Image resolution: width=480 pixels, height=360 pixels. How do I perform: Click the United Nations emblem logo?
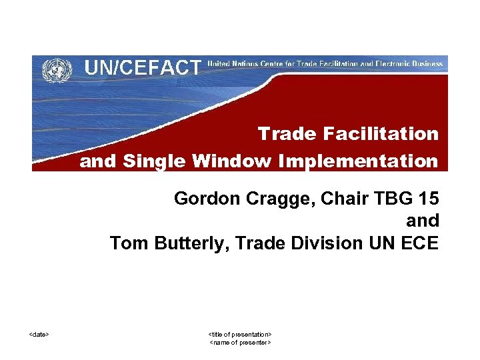click(57, 69)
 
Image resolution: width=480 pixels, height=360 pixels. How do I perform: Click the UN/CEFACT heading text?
click(143, 67)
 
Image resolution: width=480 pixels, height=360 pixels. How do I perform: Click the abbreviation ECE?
click(419, 243)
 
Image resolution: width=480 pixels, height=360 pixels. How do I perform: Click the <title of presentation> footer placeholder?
click(240, 333)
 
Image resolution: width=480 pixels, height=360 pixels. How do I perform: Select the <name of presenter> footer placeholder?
click(240, 342)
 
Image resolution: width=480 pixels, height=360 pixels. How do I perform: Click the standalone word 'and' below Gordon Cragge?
click(423, 221)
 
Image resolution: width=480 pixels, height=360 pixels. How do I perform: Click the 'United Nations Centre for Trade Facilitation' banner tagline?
click(325, 64)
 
